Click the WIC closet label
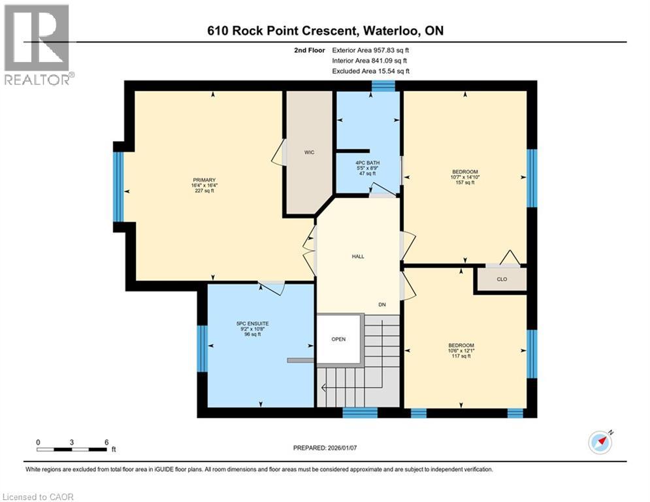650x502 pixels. pyautogui.click(x=309, y=152)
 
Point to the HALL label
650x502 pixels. pyautogui.click(x=357, y=257)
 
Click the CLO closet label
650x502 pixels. pyautogui.click(x=501, y=279)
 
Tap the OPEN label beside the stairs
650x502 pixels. pyautogui.click(x=338, y=339)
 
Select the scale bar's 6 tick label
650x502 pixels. pyautogui.click(x=106, y=442)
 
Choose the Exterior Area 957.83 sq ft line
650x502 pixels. pyautogui.click(x=370, y=50)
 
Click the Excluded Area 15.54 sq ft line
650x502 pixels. pyautogui.click(x=370, y=71)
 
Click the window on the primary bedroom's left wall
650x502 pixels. pyautogui.click(x=118, y=186)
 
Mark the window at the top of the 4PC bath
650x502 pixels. pyautogui.click(x=383, y=86)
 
